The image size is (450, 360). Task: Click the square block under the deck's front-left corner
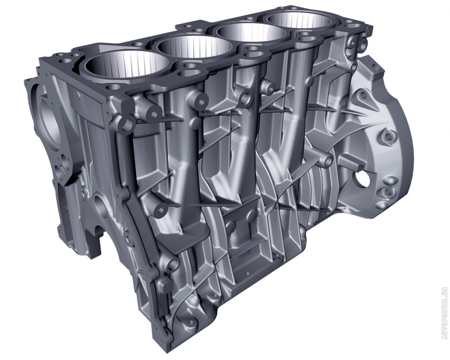click(128, 106)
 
